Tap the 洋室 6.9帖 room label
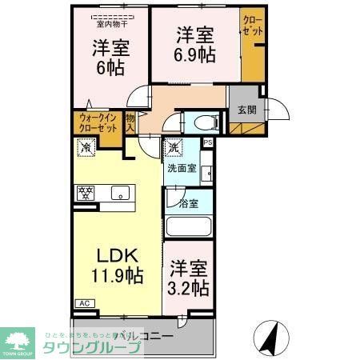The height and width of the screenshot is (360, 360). tap(194, 45)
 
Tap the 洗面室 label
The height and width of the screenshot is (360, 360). tap(180, 169)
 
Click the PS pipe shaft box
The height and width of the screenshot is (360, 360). tap(208, 143)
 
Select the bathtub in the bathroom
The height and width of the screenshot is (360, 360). tap(189, 226)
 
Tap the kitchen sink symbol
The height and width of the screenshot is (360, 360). tap(121, 193)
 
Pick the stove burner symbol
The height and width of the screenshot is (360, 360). tap(86, 193)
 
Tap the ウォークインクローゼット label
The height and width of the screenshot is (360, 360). tap(97, 123)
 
